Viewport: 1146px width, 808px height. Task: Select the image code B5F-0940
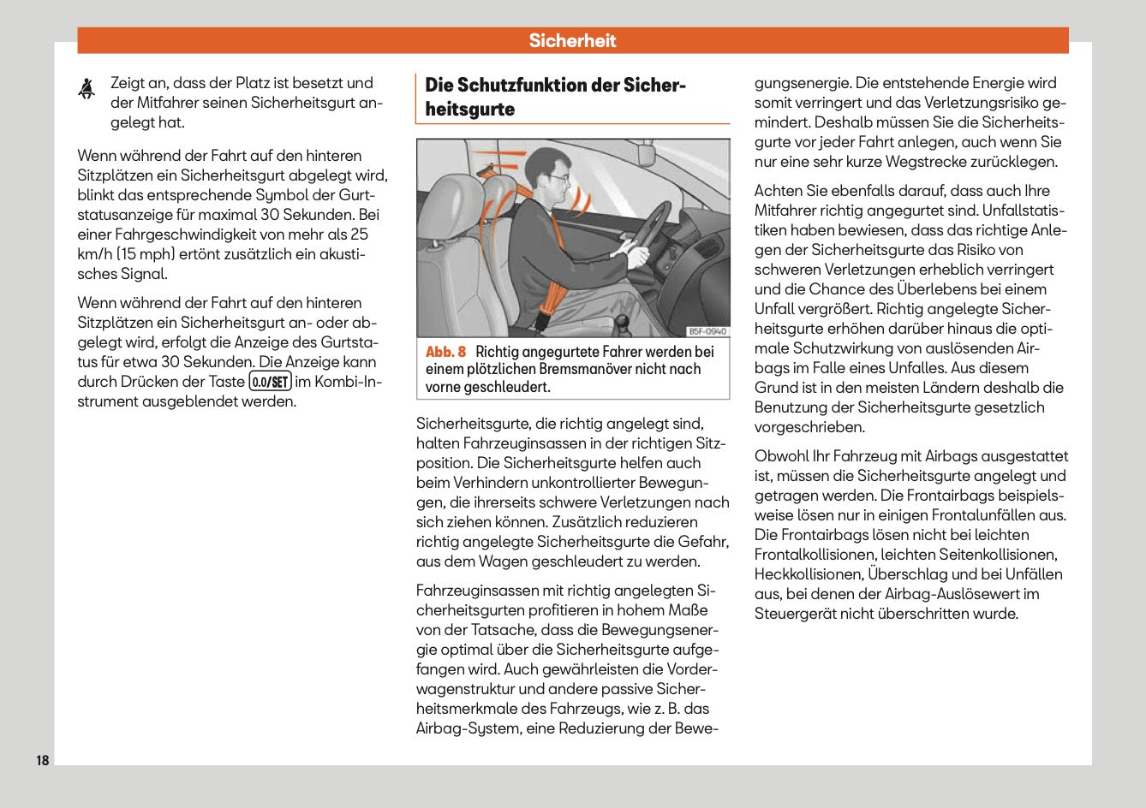tap(707, 331)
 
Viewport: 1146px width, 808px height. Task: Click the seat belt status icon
tap(87, 89)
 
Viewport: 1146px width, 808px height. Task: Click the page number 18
tap(42, 760)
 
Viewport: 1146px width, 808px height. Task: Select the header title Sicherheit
tap(572, 40)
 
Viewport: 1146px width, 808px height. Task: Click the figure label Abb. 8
tap(445, 352)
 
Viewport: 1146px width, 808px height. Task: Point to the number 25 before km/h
tap(360, 234)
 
